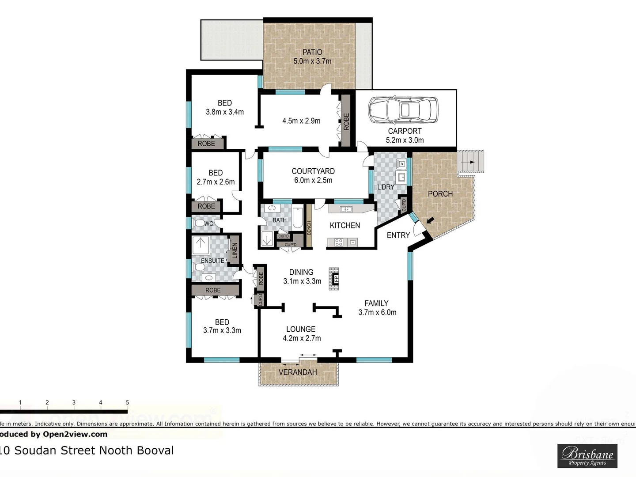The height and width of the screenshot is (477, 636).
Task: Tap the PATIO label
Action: coord(312,52)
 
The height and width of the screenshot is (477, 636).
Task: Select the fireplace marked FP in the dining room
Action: coord(334,279)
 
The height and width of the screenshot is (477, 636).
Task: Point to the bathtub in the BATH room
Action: coord(297,218)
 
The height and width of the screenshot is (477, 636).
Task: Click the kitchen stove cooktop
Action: coord(339,242)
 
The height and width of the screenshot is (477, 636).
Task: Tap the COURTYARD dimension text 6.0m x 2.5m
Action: coord(313,180)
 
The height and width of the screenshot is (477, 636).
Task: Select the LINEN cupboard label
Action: coord(235,250)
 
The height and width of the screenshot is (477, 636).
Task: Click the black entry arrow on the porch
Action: coord(430,220)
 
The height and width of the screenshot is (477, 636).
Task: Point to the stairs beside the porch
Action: coord(471,162)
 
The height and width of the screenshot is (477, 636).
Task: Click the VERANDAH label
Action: coord(298,372)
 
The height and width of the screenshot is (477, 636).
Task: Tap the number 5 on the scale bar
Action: coord(127,402)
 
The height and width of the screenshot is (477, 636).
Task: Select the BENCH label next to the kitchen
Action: coord(309,228)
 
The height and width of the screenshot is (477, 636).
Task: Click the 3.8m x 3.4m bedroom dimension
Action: coord(225,112)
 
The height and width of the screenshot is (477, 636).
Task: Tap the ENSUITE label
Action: coord(212,261)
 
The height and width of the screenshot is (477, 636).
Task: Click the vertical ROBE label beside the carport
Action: coord(346,121)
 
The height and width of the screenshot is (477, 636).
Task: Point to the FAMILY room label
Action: coord(376,303)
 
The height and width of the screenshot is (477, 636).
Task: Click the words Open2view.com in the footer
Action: coord(75,434)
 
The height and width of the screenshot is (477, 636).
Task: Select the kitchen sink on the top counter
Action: coord(347,209)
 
